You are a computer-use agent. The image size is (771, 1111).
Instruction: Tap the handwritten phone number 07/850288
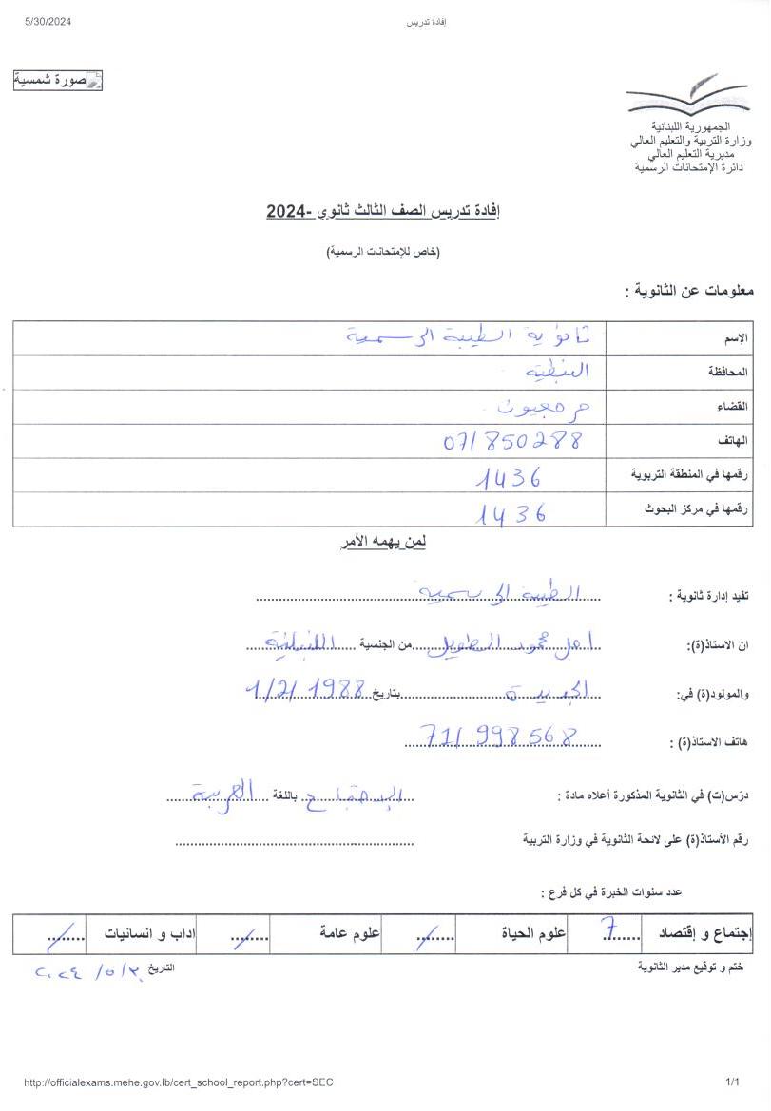point(512,441)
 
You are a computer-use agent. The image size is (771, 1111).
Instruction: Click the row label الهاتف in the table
point(733,441)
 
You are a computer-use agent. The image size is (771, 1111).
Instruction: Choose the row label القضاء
point(733,407)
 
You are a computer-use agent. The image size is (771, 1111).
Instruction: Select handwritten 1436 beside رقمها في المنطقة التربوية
point(510,477)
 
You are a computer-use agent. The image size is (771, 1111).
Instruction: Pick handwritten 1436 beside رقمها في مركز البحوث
point(511,512)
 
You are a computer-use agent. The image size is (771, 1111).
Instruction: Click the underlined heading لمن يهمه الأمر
point(383,543)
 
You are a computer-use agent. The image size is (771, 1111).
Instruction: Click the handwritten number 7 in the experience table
point(606,932)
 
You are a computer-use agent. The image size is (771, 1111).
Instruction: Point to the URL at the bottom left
point(178,1082)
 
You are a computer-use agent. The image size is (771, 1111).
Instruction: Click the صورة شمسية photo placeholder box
point(58,81)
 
